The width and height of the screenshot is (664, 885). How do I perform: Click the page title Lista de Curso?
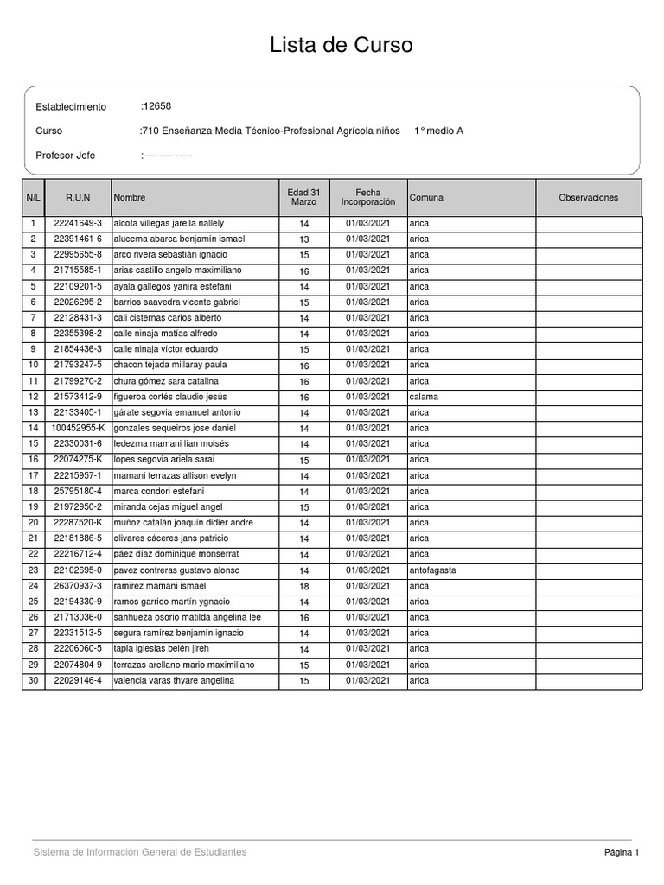[342, 45]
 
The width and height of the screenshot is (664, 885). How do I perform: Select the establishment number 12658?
[157, 106]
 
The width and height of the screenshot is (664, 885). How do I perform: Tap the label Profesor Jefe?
[66, 156]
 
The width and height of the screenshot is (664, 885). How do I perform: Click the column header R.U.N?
[78, 198]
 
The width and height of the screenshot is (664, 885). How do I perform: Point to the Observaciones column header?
[589, 198]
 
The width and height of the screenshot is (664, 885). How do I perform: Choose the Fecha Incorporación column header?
[368, 197]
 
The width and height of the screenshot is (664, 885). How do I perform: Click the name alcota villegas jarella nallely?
[169, 224]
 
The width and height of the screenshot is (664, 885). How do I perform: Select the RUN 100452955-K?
[78, 428]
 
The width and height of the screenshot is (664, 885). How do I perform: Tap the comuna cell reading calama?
[424, 397]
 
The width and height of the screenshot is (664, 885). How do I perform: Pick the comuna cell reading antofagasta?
[432, 570]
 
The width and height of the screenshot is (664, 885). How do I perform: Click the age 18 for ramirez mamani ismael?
[304, 587]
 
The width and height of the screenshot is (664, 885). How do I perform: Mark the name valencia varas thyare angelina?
[173, 681]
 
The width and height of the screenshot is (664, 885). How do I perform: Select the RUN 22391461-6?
[78, 239]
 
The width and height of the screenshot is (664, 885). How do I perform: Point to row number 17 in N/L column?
[34, 476]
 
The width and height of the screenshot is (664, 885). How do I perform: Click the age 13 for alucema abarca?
[304, 239]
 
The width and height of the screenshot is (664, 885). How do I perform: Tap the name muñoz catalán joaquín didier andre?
[183, 523]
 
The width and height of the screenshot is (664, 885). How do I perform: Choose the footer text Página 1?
[622, 853]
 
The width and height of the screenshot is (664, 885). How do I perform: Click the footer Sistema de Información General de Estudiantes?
[140, 852]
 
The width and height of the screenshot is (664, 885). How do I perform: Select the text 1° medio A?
[438, 131]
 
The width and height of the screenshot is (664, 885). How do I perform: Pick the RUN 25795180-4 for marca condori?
[78, 492]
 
